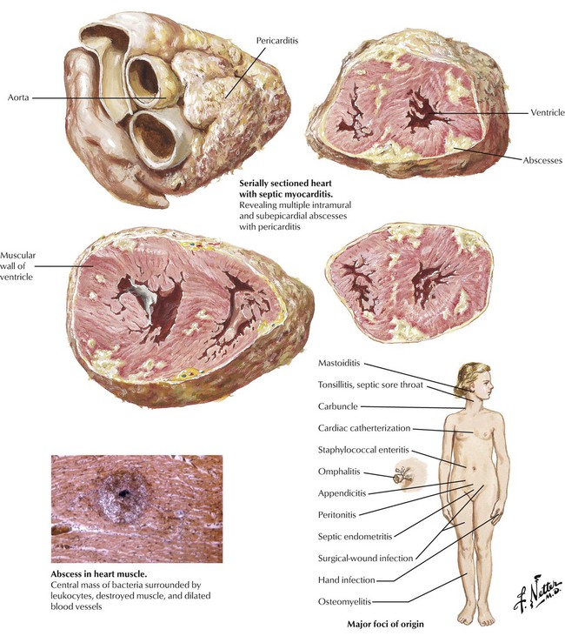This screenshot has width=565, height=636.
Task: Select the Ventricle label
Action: click(x=547, y=112)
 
